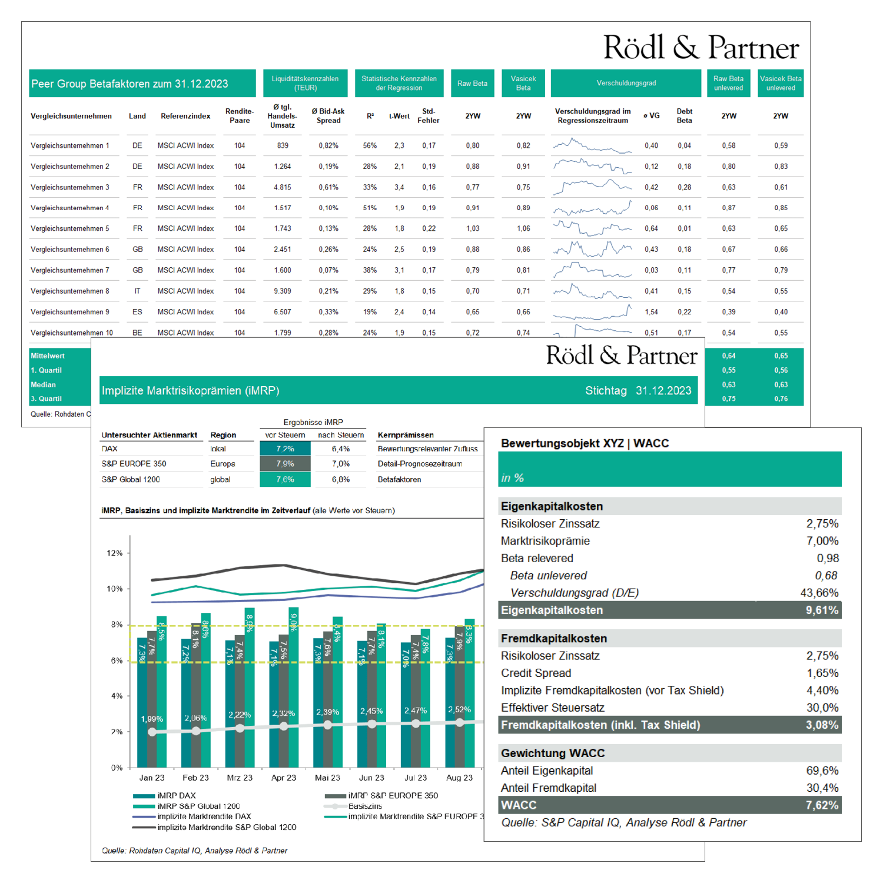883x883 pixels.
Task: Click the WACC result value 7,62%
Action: (x=822, y=805)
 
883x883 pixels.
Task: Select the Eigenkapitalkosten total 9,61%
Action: (x=822, y=610)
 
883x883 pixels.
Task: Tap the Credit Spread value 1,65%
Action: (x=822, y=673)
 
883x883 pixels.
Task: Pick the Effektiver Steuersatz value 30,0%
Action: (x=822, y=708)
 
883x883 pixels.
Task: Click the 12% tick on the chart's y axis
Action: (x=114, y=553)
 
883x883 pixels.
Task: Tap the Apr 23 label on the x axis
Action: (x=283, y=778)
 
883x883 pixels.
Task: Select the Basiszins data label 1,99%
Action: (x=152, y=719)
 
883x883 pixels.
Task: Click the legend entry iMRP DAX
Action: (x=176, y=795)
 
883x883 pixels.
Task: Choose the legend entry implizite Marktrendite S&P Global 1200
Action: (x=227, y=827)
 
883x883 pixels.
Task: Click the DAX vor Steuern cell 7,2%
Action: (x=285, y=449)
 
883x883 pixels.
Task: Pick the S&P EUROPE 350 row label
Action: (x=134, y=464)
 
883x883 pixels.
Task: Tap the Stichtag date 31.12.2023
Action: (x=663, y=390)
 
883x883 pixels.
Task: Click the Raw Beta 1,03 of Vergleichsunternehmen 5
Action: (x=473, y=228)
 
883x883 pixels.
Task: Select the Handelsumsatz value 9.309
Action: (x=283, y=291)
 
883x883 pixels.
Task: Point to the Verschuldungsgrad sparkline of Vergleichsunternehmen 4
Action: (x=592, y=208)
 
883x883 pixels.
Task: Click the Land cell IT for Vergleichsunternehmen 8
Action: (x=137, y=291)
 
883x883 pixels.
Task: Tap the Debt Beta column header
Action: (x=684, y=115)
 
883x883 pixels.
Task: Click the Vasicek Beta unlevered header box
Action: (x=780, y=83)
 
